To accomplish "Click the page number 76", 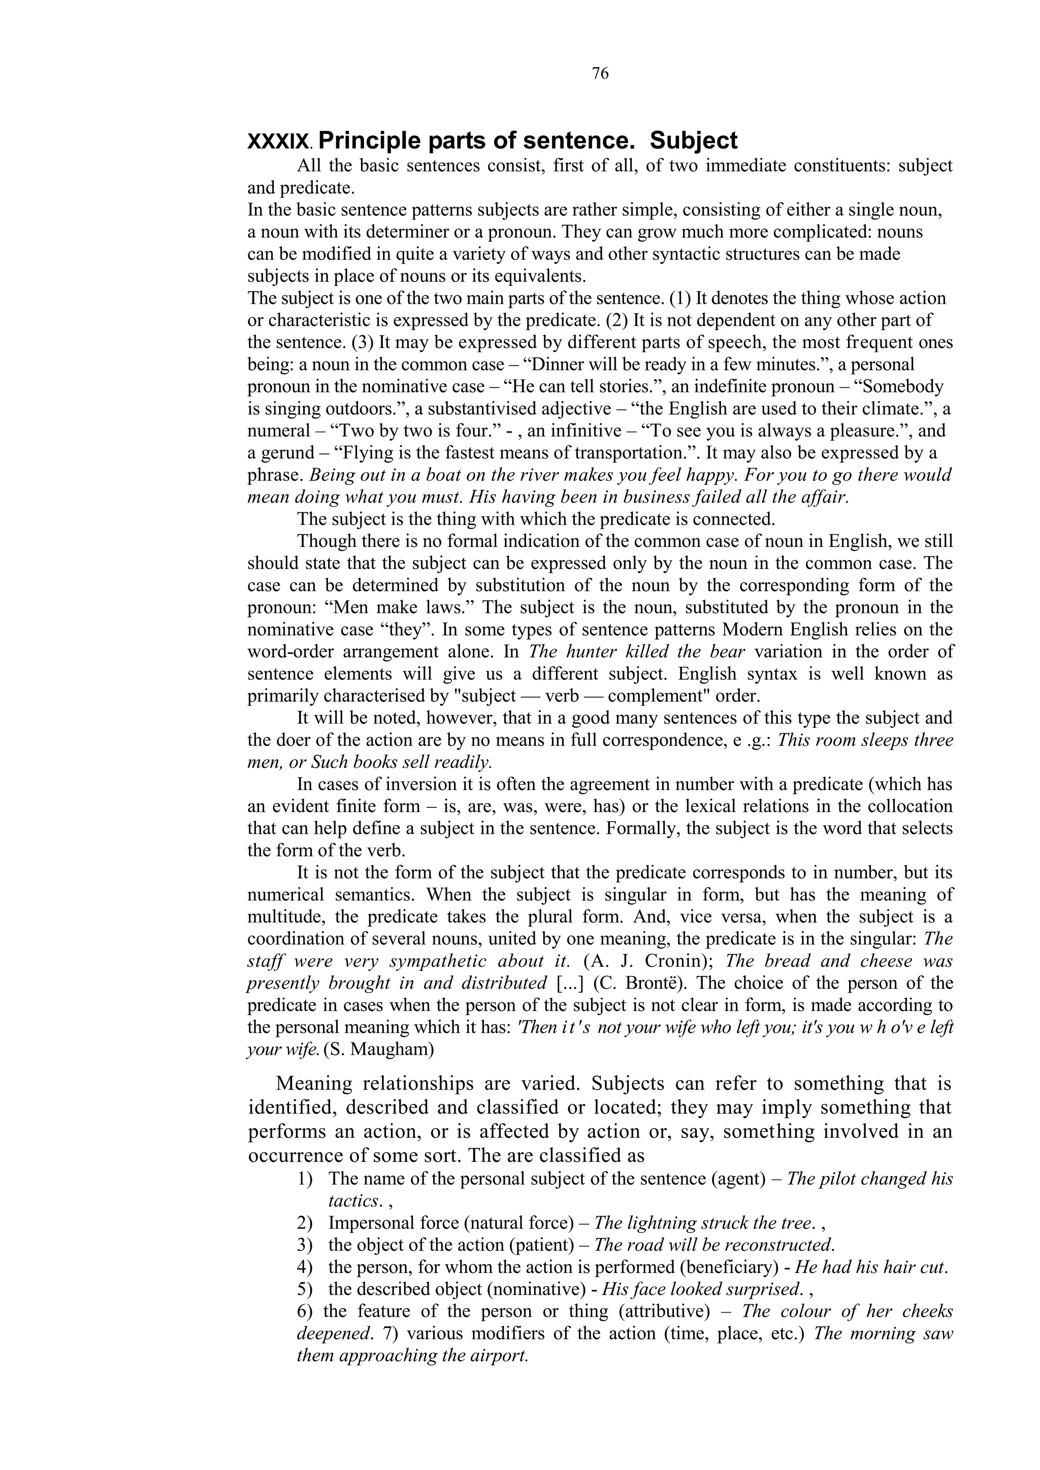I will coord(600,74).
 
